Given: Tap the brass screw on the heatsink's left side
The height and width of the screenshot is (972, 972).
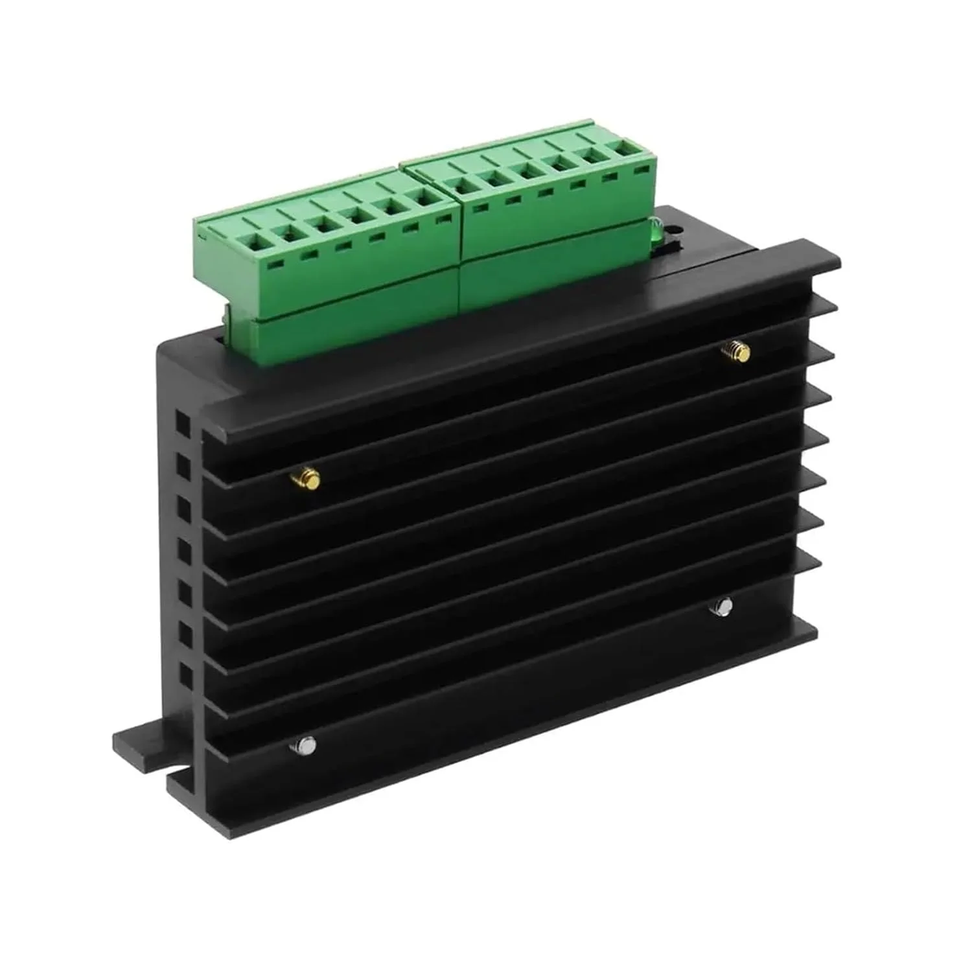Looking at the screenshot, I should click(306, 480).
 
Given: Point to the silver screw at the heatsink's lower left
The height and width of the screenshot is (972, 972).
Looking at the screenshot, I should click(305, 746).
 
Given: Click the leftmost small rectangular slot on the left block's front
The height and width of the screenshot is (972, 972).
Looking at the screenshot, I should click(277, 265).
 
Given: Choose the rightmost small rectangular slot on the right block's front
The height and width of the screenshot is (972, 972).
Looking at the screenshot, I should click(641, 171).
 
